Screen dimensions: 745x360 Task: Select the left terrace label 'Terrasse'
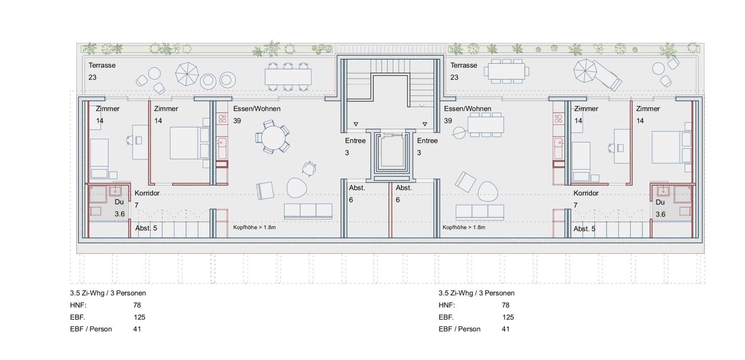[102, 65]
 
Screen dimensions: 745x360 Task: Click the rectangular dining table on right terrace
[506, 71]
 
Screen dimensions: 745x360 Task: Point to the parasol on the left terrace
[187, 74]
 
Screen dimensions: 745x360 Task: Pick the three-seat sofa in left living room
[308, 211]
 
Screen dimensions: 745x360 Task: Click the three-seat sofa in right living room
[480, 212]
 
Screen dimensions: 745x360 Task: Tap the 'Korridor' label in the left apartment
[147, 193]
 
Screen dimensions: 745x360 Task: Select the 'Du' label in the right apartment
[660, 202]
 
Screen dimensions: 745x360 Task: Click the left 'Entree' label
[355, 141]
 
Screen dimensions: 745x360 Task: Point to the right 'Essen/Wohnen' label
[467, 109]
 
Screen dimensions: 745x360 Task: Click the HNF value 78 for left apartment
[137, 305]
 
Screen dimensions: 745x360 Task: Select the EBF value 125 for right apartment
[508, 317]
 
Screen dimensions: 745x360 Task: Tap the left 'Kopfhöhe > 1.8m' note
[254, 227]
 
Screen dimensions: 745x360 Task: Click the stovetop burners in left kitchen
[222, 118]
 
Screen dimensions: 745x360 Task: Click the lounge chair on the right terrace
[607, 75]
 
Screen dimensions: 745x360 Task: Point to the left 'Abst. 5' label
[146, 228]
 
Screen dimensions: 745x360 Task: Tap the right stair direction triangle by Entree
[425, 124]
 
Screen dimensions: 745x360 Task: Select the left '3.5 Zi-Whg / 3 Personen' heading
[108, 293]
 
